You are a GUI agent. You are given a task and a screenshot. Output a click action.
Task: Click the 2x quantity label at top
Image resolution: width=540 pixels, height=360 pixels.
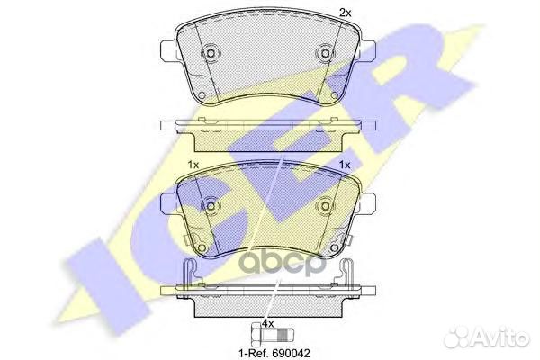(345, 13)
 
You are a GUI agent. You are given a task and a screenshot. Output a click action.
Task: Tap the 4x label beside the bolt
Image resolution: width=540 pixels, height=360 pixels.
(267, 323)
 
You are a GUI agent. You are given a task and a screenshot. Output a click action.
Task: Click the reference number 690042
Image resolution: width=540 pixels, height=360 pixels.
(292, 353)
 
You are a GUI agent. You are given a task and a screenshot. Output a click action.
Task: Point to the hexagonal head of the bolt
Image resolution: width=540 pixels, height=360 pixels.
(256, 334)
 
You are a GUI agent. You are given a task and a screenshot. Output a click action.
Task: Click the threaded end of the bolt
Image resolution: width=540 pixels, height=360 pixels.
(287, 334)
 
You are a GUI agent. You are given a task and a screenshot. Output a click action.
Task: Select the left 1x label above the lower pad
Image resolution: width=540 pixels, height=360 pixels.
(193, 165)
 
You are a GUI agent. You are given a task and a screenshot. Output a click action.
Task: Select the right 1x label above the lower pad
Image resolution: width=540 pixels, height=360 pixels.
(345, 165)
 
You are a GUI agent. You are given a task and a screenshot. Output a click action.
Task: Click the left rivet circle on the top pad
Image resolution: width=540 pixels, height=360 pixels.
(211, 53)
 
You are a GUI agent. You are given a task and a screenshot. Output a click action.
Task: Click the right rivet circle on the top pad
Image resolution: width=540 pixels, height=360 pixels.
(325, 53)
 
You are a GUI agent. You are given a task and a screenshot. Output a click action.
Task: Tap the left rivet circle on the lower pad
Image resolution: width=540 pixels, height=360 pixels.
(211, 206)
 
